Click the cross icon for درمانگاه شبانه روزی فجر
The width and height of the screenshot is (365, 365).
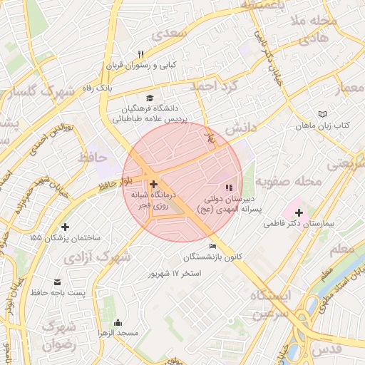(x=153, y=184)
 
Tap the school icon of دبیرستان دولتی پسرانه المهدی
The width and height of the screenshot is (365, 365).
(x=228, y=187)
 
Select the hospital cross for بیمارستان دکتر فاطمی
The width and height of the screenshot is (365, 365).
(x=299, y=212)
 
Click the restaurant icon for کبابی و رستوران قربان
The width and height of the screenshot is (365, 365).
(x=140, y=55)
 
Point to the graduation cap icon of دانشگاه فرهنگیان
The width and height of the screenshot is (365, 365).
(x=149, y=98)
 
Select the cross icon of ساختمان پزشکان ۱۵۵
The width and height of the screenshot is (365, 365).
(x=66, y=226)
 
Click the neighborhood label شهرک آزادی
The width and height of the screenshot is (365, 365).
(x=98, y=256)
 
